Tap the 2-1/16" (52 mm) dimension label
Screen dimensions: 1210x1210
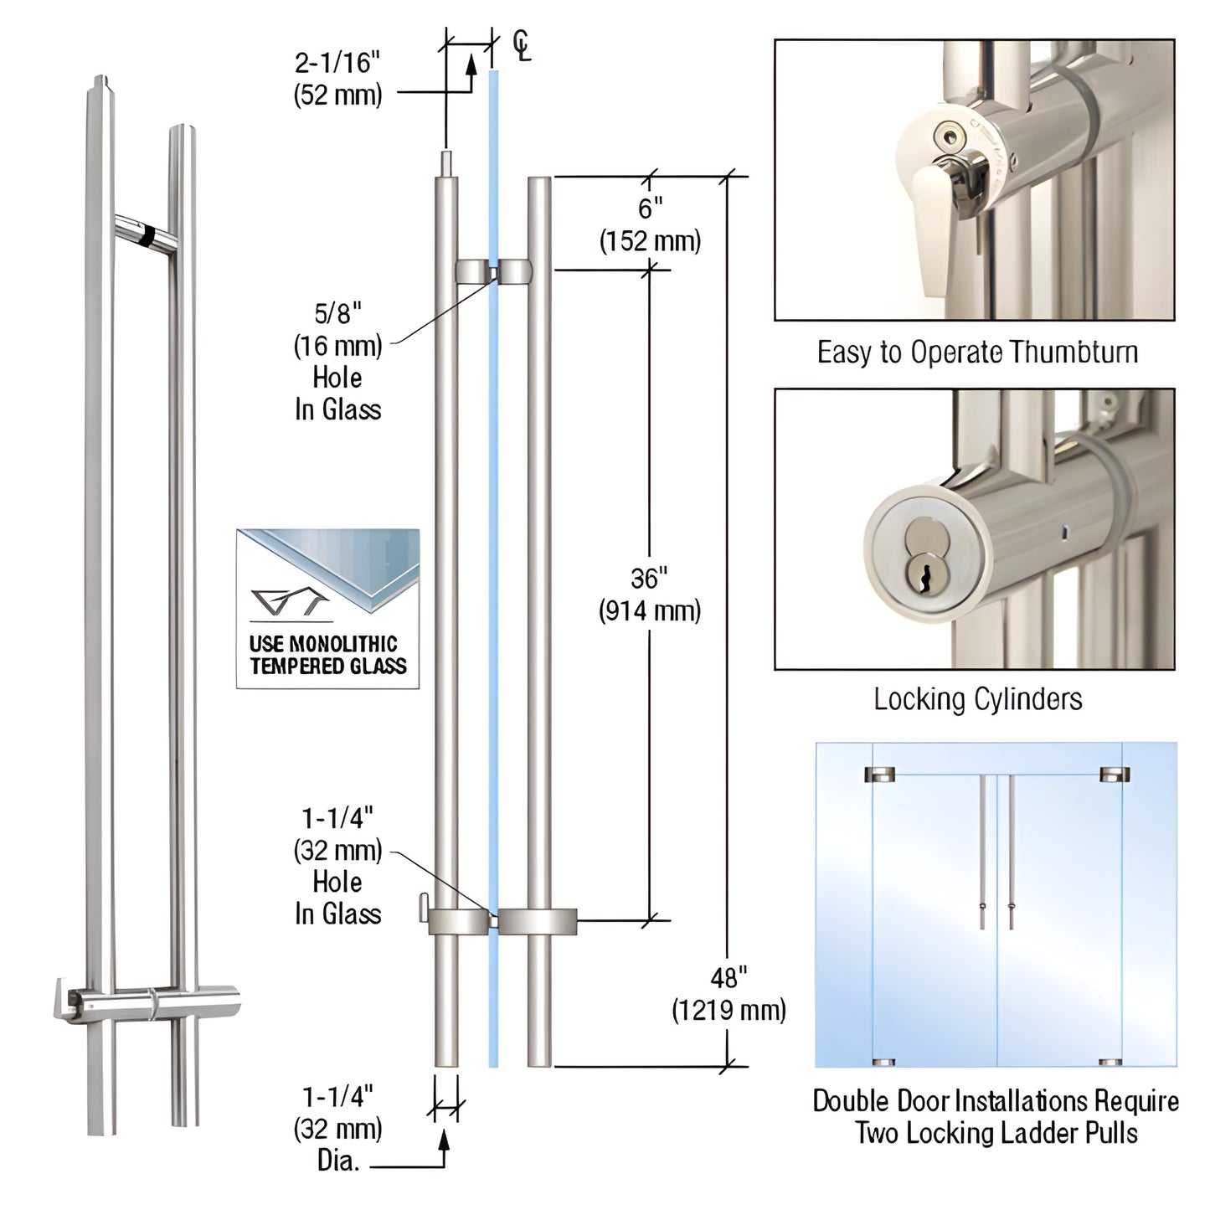[x=337, y=79]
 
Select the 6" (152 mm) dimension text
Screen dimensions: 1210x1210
[x=650, y=224]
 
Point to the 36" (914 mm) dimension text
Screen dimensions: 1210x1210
[x=649, y=595]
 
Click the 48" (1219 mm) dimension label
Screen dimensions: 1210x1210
[x=729, y=994]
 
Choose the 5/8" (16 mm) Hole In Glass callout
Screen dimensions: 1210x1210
[x=337, y=361]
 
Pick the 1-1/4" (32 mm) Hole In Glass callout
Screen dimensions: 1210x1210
[x=337, y=866]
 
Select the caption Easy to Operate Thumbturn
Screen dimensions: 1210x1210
[x=977, y=353]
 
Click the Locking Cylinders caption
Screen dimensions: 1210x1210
[x=977, y=699]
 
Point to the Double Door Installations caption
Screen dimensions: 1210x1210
[x=996, y=1117]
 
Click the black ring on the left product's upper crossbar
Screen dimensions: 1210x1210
[x=147, y=234]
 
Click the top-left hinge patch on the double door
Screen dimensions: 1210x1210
[x=883, y=773]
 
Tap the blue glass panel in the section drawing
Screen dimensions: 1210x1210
[x=493, y=586]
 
